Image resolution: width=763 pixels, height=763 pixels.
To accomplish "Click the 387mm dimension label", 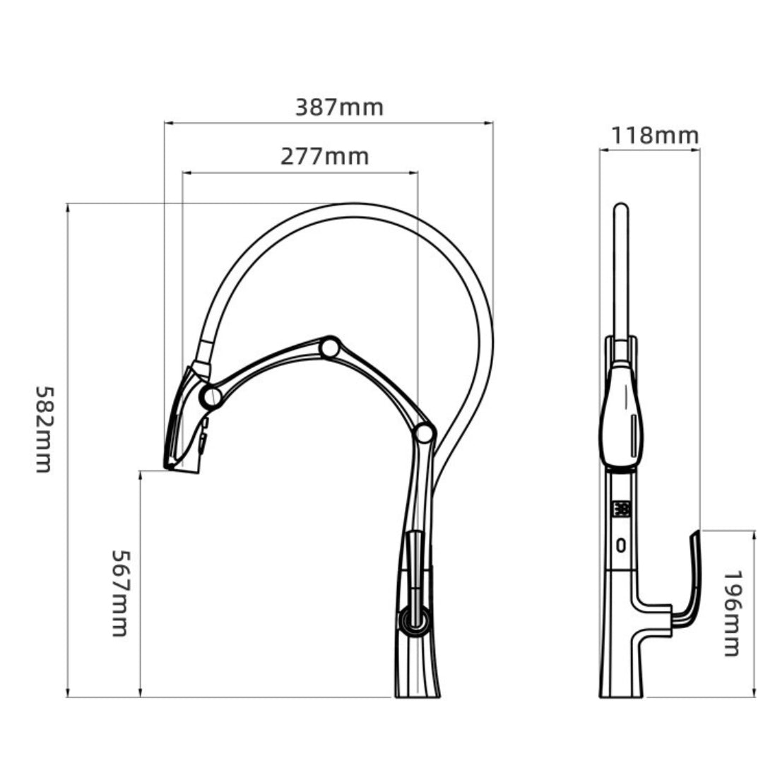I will (339, 107).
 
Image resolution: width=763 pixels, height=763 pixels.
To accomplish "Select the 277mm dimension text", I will (324, 156).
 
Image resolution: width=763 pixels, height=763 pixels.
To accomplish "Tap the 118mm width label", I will (654, 135).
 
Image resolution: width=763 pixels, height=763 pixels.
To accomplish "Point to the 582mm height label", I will (44, 429).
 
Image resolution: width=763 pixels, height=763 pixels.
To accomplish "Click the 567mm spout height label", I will (119, 593).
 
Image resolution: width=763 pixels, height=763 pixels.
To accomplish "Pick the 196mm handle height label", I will (733, 613).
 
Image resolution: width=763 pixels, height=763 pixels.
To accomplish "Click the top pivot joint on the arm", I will (329, 348).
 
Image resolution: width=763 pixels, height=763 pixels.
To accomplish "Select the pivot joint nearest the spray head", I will (211, 396).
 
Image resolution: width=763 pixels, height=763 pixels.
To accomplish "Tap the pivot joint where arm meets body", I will (424, 434).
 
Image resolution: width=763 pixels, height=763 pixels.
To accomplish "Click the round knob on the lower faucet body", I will (414, 620).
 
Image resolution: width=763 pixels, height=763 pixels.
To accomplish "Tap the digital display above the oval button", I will (622, 509).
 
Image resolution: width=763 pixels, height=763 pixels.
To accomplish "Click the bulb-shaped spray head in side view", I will (622, 417).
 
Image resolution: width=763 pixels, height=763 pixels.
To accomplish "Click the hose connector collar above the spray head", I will (203, 350).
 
